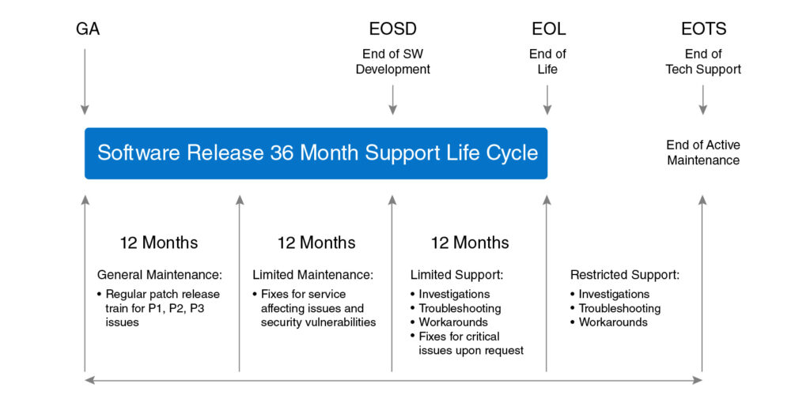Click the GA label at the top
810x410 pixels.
tap(88, 29)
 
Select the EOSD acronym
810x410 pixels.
tap(392, 29)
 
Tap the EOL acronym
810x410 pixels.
tap(549, 29)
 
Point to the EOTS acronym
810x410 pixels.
tap(703, 29)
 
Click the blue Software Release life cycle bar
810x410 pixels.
tap(316, 153)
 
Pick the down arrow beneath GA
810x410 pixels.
tap(85, 82)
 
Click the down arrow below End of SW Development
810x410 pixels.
tap(392, 100)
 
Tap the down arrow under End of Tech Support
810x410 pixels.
tap(702, 100)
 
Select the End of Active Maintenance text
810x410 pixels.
tap(703, 152)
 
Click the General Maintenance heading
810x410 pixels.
tap(160, 276)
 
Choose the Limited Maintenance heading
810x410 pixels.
tap(313, 276)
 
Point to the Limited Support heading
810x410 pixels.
tap(457, 276)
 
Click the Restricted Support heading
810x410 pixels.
tap(625, 276)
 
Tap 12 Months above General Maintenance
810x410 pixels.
tap(159, 243)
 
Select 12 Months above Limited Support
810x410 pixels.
tap(470, 243)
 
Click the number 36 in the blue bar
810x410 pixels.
tap(282, 153)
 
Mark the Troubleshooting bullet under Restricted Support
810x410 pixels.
tap(615, 308)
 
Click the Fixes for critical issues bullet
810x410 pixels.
tap(467, 344)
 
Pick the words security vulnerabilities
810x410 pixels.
tap(318, 322)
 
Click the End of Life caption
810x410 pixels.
tap(547, 62)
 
